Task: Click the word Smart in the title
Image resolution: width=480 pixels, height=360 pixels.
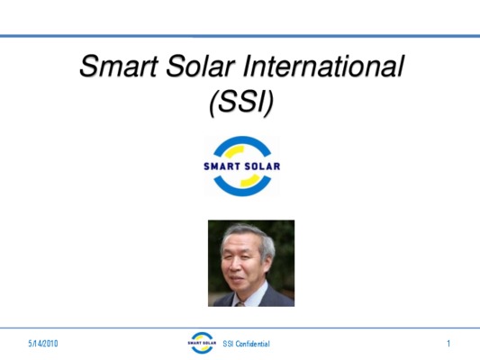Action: click(x=119, y=66)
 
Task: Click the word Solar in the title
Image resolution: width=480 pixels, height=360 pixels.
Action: click(x=201, y=66)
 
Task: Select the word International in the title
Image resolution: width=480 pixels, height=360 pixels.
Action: click(x=323, y=66)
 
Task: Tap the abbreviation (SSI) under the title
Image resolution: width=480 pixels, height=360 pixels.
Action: click(x=241, y=103)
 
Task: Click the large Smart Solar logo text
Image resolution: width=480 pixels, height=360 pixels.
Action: click(x=242, y=166)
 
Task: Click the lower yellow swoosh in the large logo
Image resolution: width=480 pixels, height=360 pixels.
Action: click(x=250, y=181)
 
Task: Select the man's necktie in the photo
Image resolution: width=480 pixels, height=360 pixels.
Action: click(x=240, y=304)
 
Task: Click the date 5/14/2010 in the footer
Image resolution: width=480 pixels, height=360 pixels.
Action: click(x=43, y=344)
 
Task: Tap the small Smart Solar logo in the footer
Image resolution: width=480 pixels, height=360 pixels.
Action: click(x=202, y=343)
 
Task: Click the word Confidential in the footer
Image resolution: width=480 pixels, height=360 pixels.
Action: click(x=252, y=344)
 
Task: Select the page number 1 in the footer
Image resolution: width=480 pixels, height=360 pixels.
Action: click(x=448, y=344)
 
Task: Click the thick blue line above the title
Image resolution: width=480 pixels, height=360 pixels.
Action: click(x=240, y=36)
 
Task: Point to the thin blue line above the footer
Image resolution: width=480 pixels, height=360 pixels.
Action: click(x=240, y=328)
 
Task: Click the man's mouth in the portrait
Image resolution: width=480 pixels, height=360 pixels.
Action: click(x=237, y=279)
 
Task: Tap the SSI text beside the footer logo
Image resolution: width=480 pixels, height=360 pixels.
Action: click(x=228, y=344)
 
